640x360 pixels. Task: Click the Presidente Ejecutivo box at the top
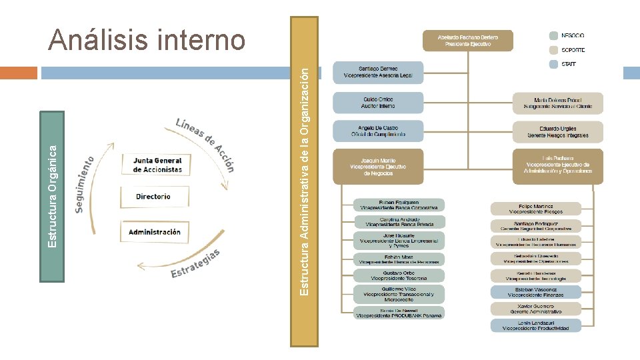coord(468,40)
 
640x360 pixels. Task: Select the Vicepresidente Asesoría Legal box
coord(378,72)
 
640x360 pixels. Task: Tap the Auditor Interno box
coord(378,102)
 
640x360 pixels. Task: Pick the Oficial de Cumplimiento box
coord(378,131)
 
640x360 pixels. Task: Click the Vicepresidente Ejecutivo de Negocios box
coord(378,166)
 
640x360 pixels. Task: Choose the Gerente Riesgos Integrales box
coord(558,131)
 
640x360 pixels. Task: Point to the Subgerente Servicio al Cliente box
coord(558,103)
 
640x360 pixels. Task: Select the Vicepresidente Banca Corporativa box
coord(399,205)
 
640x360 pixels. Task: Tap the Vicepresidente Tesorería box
coord(399,275)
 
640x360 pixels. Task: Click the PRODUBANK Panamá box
coord(399,312)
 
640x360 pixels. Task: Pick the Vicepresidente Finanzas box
coord(536,291)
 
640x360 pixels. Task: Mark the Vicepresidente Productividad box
coord(536,325)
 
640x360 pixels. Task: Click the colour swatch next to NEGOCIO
coord(553,35)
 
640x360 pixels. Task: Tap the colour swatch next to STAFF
coord(553,65)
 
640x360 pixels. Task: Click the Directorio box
coord(153,197)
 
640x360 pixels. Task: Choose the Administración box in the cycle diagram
coord(154,232)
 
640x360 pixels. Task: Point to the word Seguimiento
coord(83,185)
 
